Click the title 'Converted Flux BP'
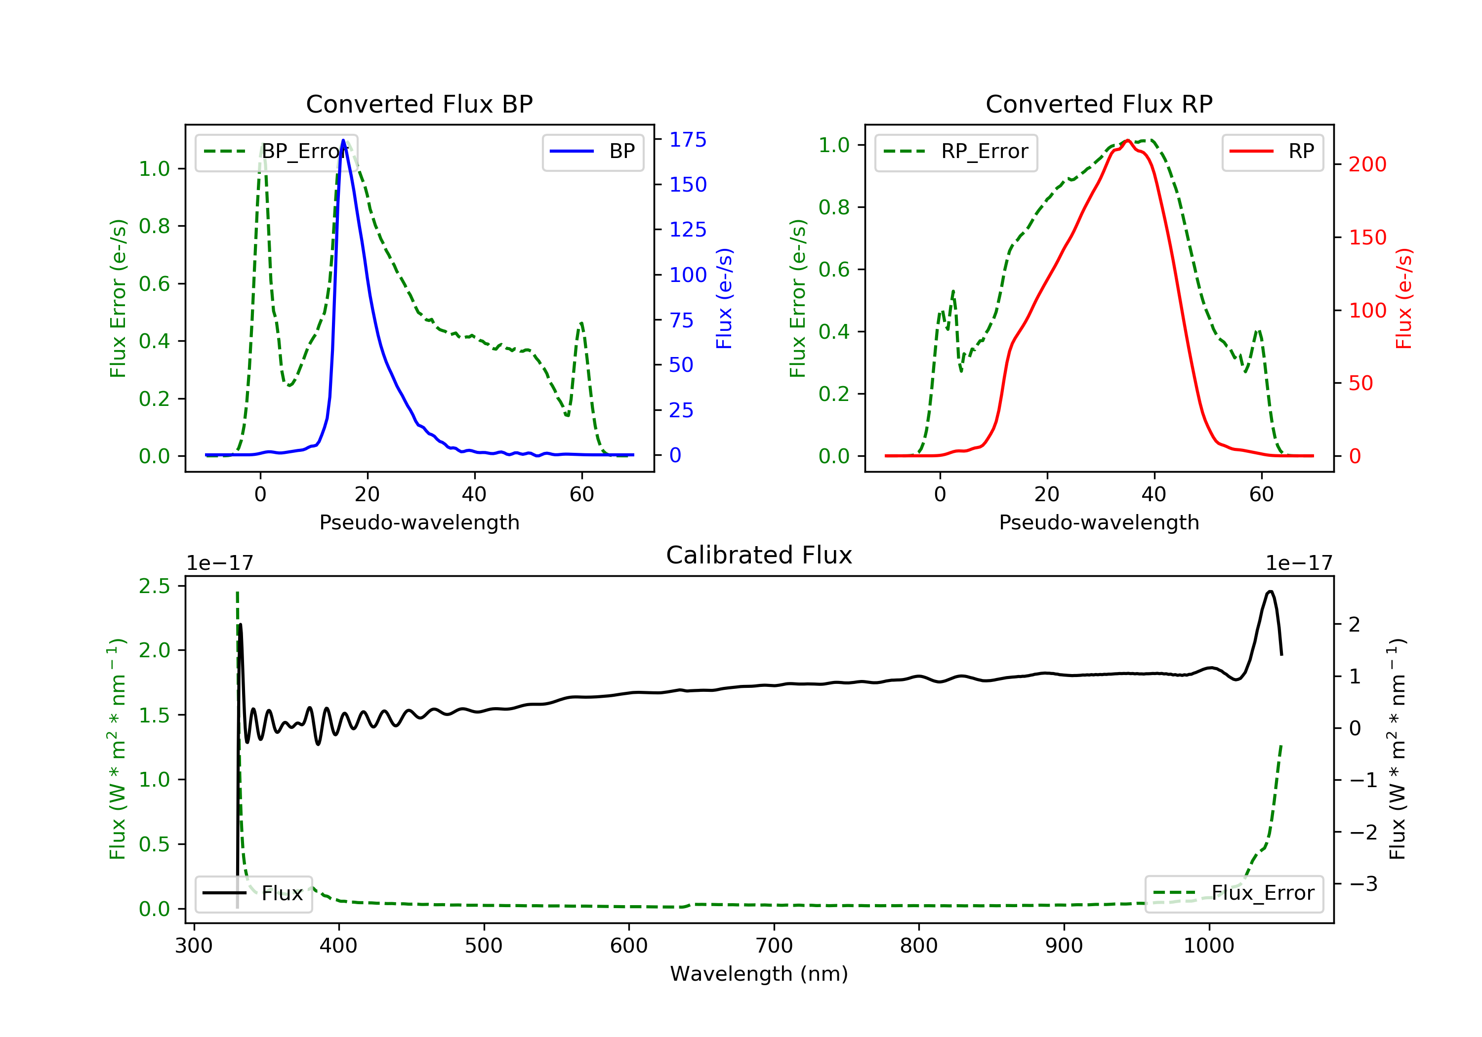(419, 104)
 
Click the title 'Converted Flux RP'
(1099, 104)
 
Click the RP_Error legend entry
(956, 152)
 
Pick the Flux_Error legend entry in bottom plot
(1234, 893)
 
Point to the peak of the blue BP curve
(343, 140)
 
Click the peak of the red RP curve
(1127, 141)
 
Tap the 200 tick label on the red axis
(1367, 164)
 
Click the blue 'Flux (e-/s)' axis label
(724, 298)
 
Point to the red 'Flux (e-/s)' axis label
(1404, 298)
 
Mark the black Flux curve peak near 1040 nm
(1270, 591)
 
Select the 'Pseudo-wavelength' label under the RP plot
(1099, 522)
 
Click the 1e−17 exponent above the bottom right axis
(1298, 563)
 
